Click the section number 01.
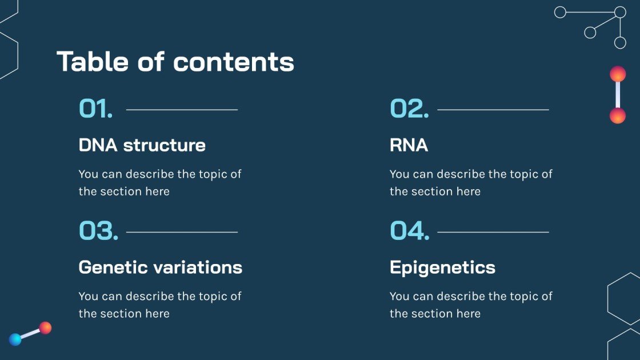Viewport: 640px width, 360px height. (95, 109)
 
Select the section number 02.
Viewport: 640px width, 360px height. (409, 109)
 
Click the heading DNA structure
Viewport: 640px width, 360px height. (142, 145)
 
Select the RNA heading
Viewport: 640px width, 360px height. (409, 145)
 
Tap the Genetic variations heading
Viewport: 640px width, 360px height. (160, 267)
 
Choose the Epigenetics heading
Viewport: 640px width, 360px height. (442, 267)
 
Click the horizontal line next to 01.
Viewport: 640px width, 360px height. (182, 109)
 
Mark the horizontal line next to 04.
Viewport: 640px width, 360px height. (493, 232)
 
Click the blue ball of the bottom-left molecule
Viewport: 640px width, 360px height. (15, 339)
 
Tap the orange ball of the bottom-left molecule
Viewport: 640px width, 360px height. (45, 328)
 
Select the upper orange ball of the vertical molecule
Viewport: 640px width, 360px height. (618, 74)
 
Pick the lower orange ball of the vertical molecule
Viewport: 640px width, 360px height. (618, 116)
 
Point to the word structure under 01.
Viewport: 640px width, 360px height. (165, 145)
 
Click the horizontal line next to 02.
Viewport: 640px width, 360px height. (493, 109)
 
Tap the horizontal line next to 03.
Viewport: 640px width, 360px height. (182, 232)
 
